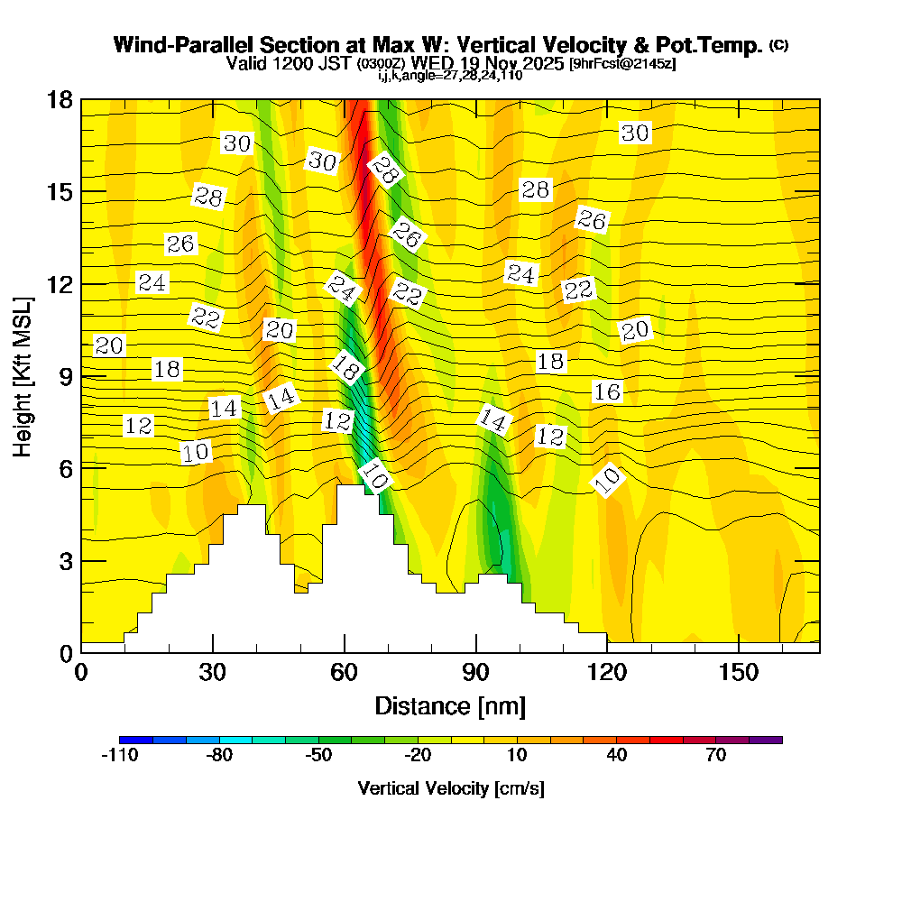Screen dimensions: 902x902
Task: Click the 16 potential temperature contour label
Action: (607, 391)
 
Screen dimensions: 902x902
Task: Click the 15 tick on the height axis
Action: (81, 191)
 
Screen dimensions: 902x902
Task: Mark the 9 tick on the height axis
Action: (81, 376)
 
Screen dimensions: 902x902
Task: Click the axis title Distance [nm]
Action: (450, 705)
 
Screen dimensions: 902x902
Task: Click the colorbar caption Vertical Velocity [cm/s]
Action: (450, 788)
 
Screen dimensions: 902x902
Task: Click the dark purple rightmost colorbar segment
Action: (766, 740)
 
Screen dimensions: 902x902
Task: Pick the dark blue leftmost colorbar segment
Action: (136, 740)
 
